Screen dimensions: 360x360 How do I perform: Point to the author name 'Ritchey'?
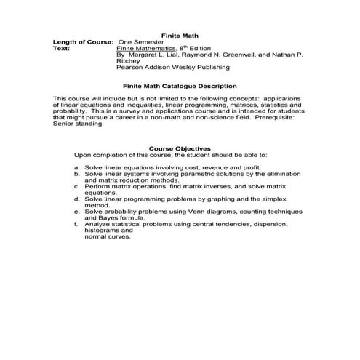tap(128, 60)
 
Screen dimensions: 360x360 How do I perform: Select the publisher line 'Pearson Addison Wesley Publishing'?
tap(172, 67)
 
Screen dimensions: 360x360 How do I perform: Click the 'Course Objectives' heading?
tap(180, 148)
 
